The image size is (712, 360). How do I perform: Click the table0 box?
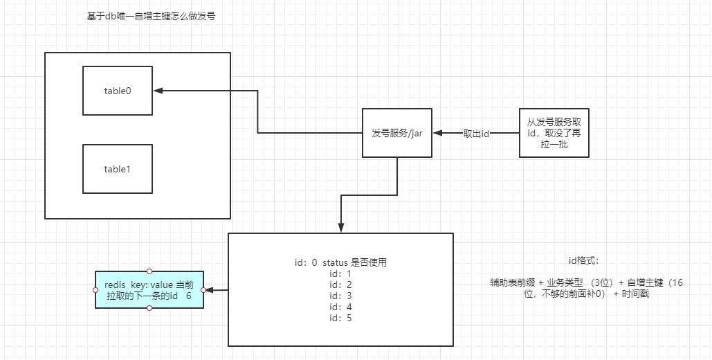(117, 91)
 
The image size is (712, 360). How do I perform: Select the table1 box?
(117, 169)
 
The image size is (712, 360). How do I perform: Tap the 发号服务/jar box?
(397, 133)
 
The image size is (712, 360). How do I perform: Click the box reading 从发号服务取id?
(554, 133)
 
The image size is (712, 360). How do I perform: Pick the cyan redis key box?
(149, 289)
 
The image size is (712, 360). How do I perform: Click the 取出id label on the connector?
(476, 134)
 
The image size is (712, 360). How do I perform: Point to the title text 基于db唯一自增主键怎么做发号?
(151, 17)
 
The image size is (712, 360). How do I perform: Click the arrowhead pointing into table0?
(158, 91)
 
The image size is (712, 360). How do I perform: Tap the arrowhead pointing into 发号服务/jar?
(438, 133)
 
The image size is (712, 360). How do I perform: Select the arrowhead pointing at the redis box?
(210, 290)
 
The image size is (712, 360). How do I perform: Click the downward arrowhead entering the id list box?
(341, 227)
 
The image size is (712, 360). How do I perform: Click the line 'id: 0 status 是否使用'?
(340, 262)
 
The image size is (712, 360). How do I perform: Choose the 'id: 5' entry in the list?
(340, 318)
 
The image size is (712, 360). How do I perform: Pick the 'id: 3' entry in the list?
(340, 296)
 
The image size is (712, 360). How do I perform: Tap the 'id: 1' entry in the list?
(340, 273)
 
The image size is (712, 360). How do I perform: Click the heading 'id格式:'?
(584, 260)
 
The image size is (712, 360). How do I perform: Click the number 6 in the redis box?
(188, 296)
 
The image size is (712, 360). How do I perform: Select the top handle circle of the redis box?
(149, 271)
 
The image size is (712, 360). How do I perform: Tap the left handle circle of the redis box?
(95, 290)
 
